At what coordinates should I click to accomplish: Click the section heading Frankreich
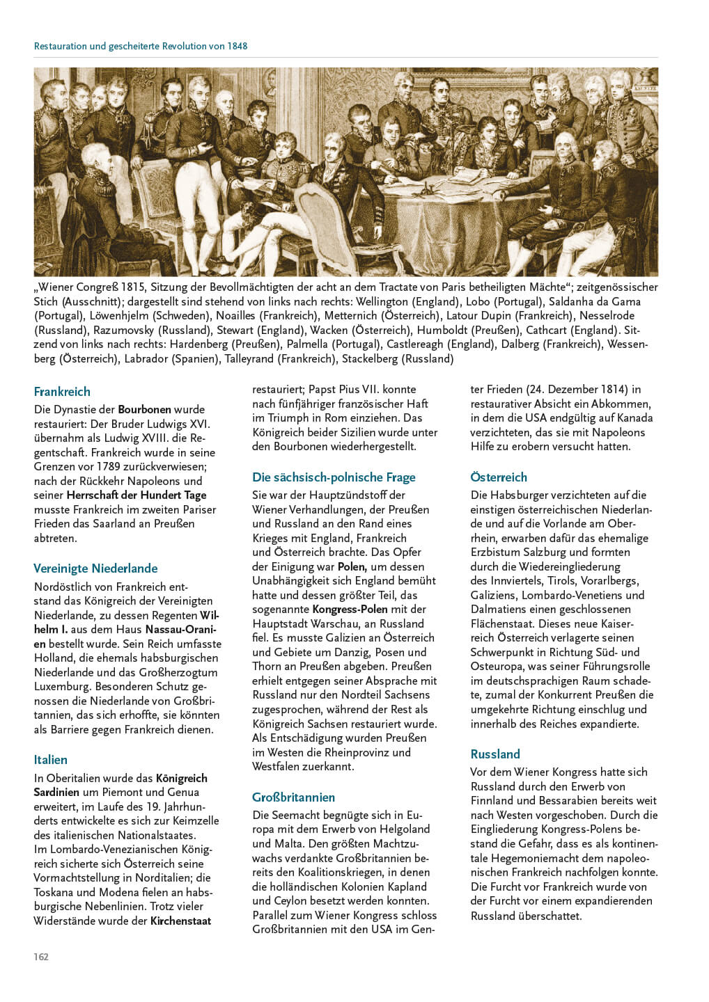pyautogui.click(x=62, y=392)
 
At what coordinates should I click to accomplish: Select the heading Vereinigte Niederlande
pyautogui.click(x=95, y=568)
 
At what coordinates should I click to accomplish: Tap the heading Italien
pyautogui.click(x=51, y=760)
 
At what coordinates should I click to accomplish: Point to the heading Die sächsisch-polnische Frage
pyautogui.click(x=334, y=477)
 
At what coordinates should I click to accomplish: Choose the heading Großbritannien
pyautogui.click(x=293, y=797)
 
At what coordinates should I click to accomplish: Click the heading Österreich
pyautogui.click(x=499, y=477)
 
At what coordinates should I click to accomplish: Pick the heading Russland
pyautogui.click(x=495, y=754)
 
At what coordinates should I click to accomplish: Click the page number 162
pyautogui.click(x=41, y=957)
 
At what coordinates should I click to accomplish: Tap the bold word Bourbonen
pyautogui.click(x=144, y=409)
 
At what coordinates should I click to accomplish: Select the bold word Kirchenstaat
pyautogui.click(x=180, y=921)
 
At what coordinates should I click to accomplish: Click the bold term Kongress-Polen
pyautogui.click(x=350, y=609)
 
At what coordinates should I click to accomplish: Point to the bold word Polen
pyautogui.click(x=352, y=566)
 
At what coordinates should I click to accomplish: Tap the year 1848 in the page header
pyautogui.click(x=237, y=46)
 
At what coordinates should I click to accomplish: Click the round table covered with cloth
pyautogui.click(x=446, y=209)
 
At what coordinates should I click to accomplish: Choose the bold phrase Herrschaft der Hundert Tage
pyautogui.click(x=137, y=495)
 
